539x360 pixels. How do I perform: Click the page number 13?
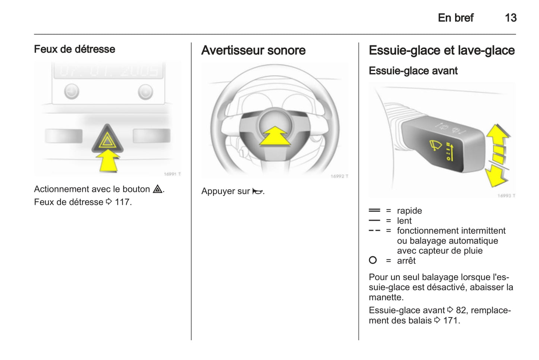[511, 18]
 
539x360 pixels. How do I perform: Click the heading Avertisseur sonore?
[253, 50]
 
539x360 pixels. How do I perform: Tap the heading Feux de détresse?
[75, 49]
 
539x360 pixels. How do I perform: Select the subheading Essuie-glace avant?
[413, 71]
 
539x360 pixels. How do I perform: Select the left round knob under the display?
[72, 91]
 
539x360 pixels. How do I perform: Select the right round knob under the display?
[145, 92]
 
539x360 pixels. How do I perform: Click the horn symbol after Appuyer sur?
[257, 191]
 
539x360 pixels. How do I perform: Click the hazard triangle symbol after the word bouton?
[158, 189]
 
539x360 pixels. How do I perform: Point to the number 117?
[122, 202]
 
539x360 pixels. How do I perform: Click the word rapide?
[409, 211]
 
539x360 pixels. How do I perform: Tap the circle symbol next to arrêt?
[373, 260]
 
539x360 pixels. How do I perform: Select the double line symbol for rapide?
[375, 210]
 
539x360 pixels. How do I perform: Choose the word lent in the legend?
[404, 221]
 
